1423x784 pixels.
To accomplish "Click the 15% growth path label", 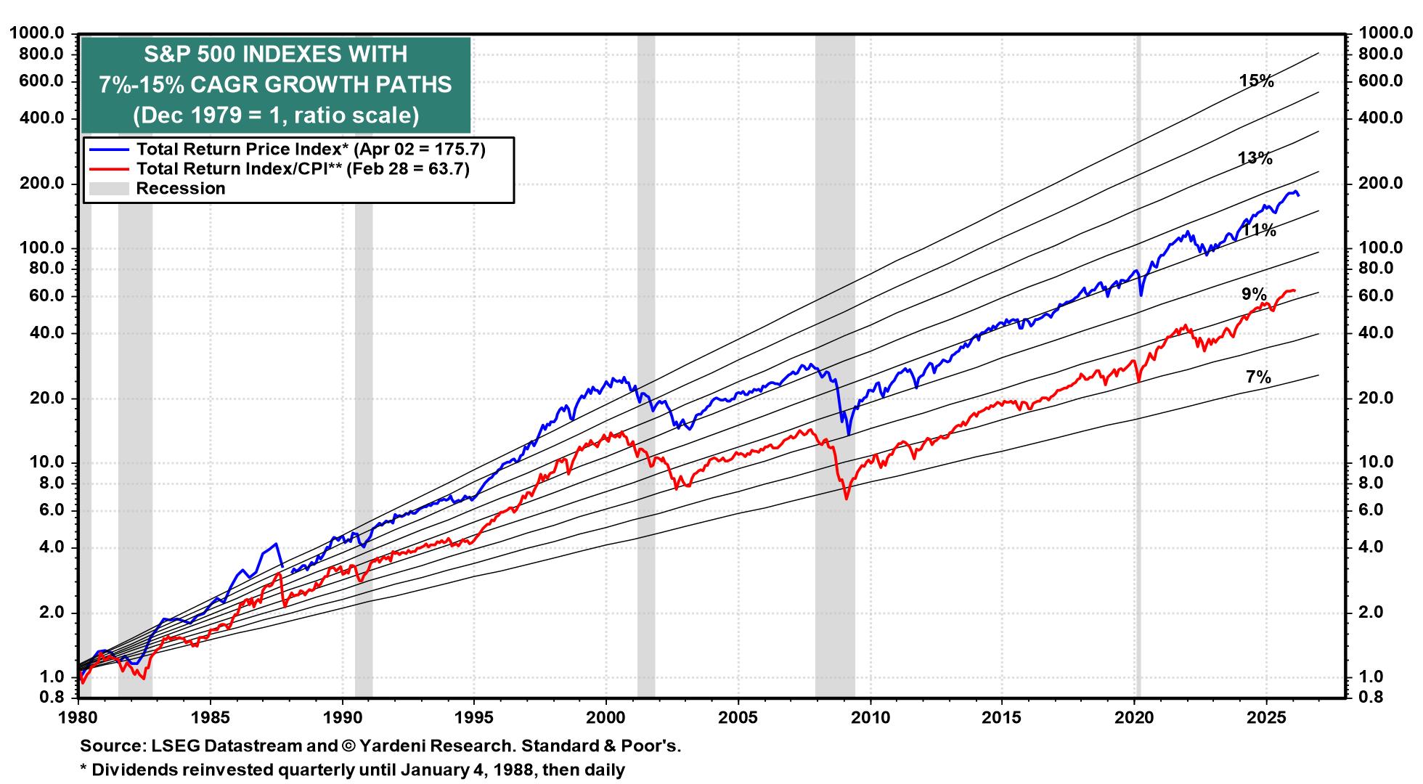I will (x=1257, y=81).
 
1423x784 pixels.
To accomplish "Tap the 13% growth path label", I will (x=1255, y=158).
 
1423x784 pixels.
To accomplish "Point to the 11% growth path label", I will (x=1258, y=231).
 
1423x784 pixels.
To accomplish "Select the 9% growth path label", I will (x=1254, y=295).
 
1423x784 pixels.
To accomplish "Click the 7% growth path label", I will (x=1258, y=377).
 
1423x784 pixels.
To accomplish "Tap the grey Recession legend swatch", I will (x=108, y=189).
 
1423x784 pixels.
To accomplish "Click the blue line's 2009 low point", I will (x=848, y=434).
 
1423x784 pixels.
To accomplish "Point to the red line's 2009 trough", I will (x=846, y=498).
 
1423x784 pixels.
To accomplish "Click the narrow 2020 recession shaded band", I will (x=1138, y=363).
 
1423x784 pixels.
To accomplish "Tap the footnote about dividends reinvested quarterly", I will (x=352, y=769).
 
